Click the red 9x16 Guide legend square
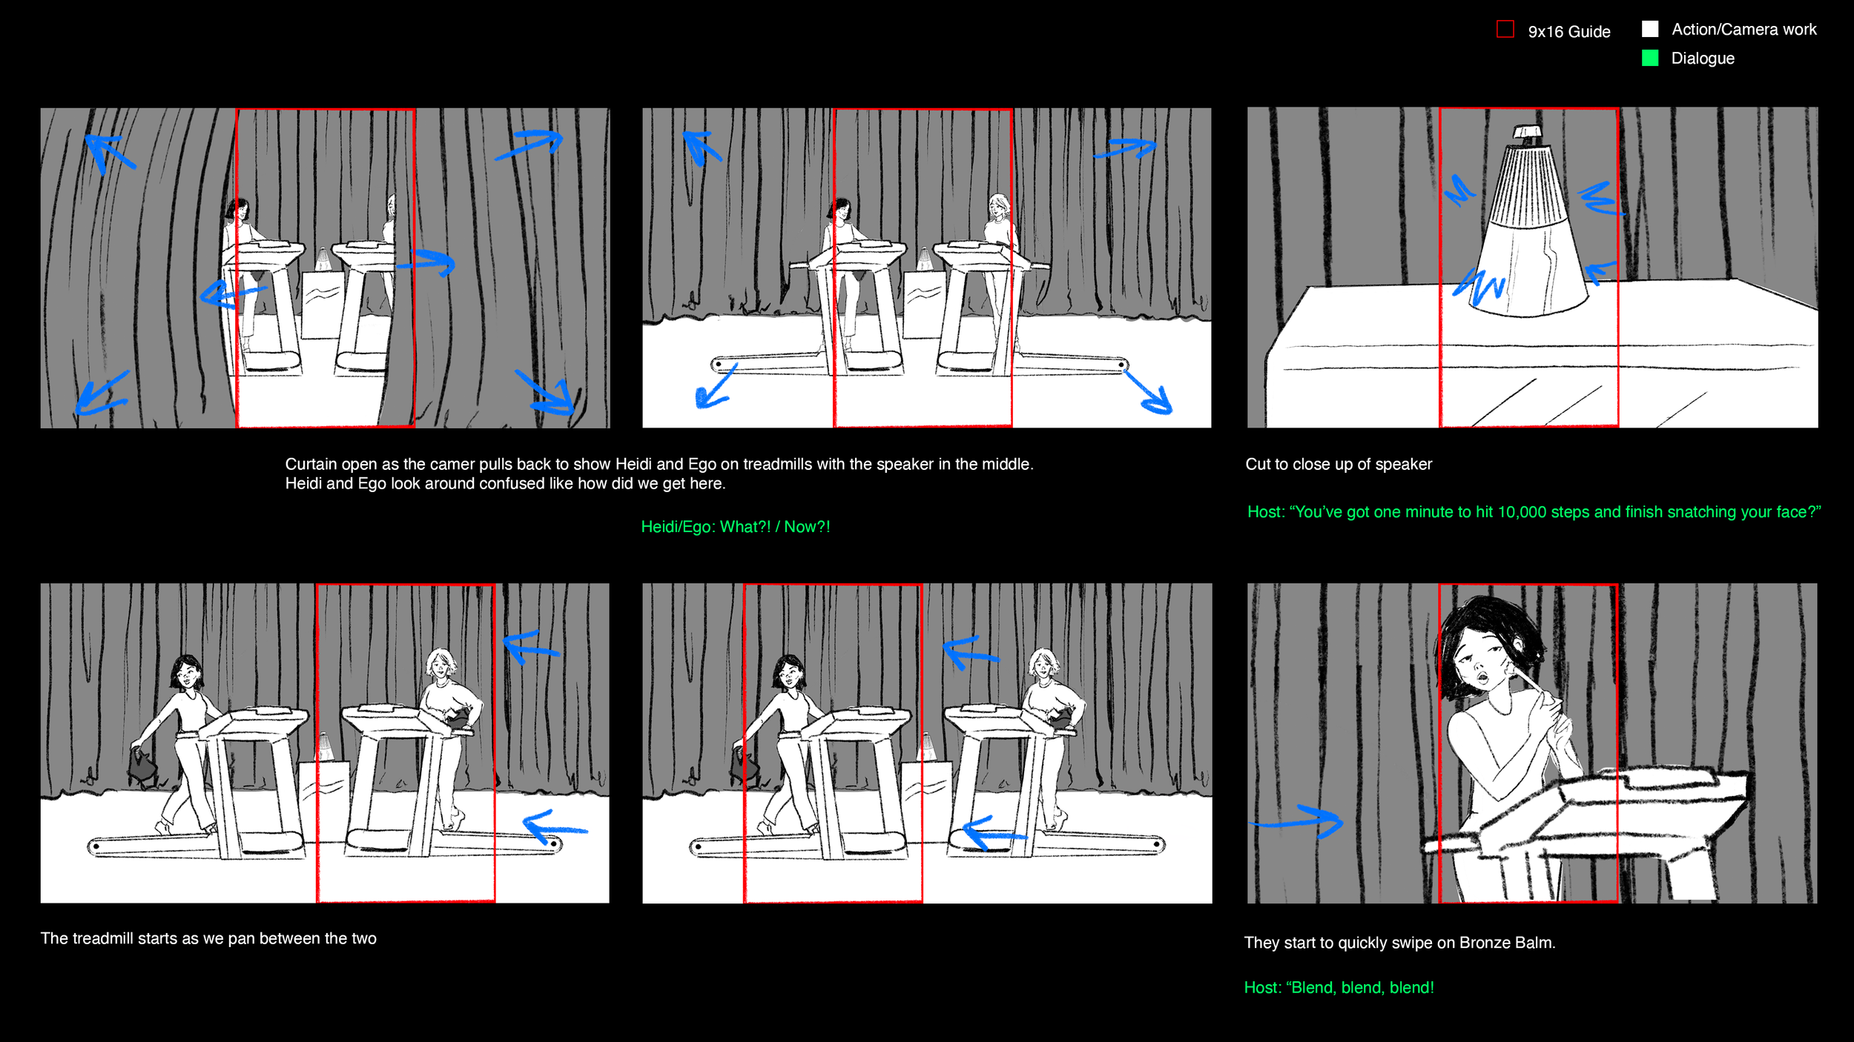coord(1505,30)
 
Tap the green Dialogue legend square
coord(1650,58)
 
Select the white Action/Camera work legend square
coord(1650,29)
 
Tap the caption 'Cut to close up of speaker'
coord(1339,464)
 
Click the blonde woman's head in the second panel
coord(999,205)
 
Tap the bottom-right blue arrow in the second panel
coord(1149,391)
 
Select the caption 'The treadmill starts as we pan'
coord(208,938)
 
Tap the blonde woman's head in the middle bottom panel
coord(1043,663)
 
